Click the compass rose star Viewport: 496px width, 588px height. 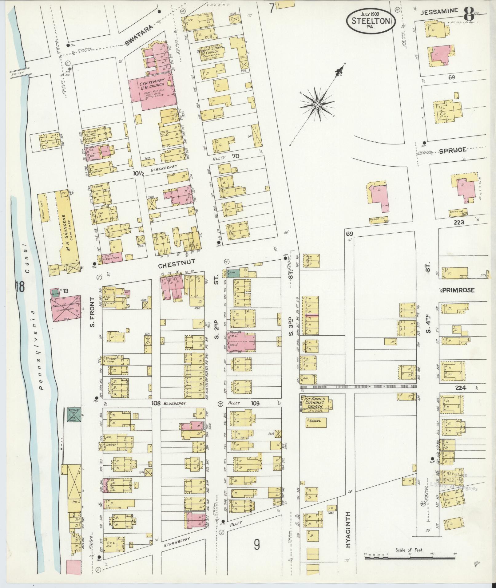coord(317,105)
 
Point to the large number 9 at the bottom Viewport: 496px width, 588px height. coord(257,545)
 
